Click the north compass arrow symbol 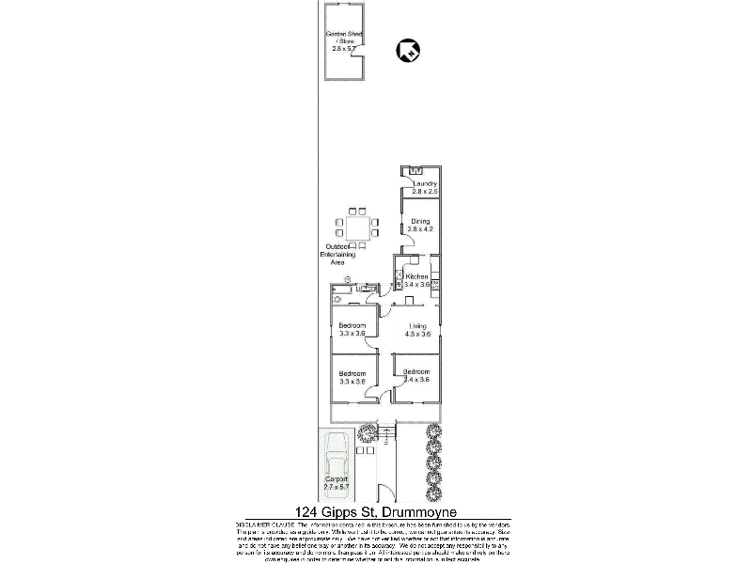(409, 50)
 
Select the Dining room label (419, 221)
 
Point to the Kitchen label (417, 276)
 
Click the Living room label (417, 325)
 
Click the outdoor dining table (357, 227)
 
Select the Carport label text (336, 479)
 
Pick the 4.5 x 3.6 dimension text (417, 334)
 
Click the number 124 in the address (306, 510)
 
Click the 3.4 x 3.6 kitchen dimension (417, 284)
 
